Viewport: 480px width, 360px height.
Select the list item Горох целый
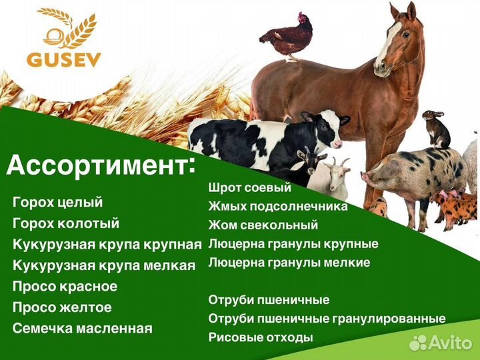(57, 202)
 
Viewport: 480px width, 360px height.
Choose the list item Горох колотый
(65, 223)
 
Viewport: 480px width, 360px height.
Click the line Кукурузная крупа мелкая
(104, 265)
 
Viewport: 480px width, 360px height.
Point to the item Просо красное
(65, 287)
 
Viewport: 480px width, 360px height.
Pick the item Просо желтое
(62, 307)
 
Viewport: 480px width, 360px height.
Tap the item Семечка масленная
(82, 328)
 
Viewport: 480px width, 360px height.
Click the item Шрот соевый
(249, 188)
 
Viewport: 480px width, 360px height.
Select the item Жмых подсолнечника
(277, 207)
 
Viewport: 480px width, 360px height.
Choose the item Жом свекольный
(263, 225)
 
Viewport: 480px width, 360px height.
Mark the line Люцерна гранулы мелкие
(289, 263)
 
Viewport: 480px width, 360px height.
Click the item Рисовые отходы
(260, 337)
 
